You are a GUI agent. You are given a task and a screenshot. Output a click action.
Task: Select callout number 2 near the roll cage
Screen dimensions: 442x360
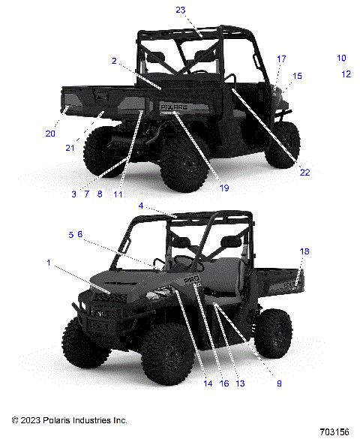click(114, 60)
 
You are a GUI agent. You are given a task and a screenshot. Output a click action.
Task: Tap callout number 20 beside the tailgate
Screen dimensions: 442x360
click(50, 134)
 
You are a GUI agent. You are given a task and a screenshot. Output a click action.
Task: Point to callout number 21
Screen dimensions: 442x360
click(70, 148)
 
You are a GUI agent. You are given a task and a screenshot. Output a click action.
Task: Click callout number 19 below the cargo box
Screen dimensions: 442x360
click(223, 186)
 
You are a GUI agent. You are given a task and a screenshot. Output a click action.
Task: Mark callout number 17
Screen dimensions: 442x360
click(281, 59)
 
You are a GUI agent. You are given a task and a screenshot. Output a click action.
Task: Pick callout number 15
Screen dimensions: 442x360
click(297, 76)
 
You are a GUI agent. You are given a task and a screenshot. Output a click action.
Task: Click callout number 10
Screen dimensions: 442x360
click(341, 58)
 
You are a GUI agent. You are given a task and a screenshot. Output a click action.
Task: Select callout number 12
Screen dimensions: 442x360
click(346, 74)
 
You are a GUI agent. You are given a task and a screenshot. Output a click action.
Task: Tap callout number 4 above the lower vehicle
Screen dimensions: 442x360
click(141, 206)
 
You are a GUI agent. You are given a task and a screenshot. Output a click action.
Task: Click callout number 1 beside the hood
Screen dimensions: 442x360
click(49, 263)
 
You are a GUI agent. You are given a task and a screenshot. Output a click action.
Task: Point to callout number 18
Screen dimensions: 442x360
click(304, 251)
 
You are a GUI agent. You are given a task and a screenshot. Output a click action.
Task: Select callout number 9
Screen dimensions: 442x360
click(279, 383)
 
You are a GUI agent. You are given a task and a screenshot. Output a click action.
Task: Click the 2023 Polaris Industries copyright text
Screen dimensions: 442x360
click(68, 420)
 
